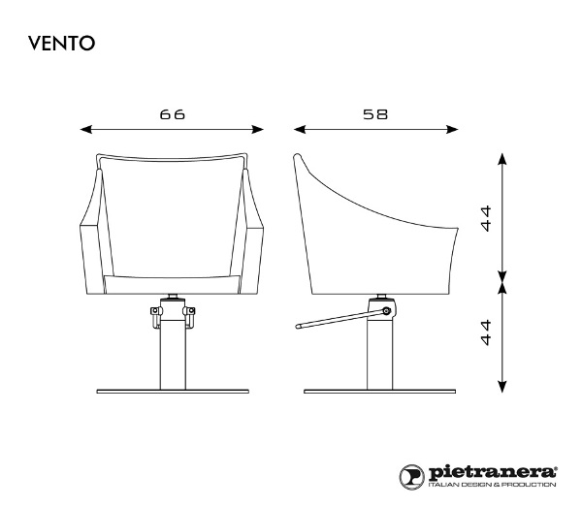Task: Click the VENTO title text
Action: click(x=62, y=44)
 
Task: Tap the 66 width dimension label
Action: click(x=173, y=114)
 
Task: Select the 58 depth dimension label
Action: click(x=375, y=114)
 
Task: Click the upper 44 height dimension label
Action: click(x=486, y=218)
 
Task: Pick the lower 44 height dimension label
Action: click(x=486, y=333)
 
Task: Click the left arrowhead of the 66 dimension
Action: click(x=85, y=130)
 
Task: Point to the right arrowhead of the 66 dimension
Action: click(x=258, y=130)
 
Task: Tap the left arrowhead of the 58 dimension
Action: click(x=299, y=130)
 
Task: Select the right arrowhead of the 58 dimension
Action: click(x=452, y=130)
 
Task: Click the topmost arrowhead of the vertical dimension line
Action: click(x=502, y=158)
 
